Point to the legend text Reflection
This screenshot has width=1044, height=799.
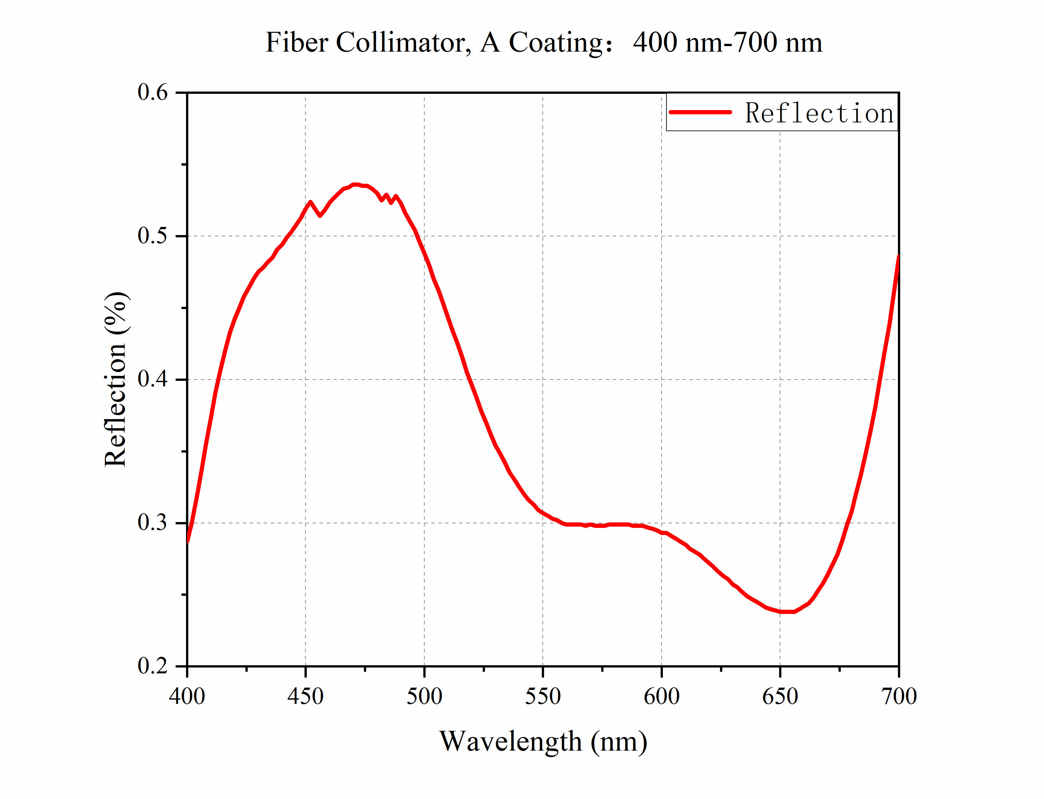[x=819, y=113]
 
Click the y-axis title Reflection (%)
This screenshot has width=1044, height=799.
[x=116, y=379]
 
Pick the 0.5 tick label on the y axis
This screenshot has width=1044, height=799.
[x=153, y=236]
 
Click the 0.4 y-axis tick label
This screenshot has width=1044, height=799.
[x=153, y=380]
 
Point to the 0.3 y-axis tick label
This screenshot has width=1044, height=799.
[x=153, y=523]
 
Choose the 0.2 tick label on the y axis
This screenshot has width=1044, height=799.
[x=153, y=666]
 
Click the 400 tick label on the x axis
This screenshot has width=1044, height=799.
[x=187, y=696]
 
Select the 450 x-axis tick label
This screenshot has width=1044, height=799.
[x=305, y=696]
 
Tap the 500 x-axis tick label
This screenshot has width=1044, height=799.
[x=424, y=696]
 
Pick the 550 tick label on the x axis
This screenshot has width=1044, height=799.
[x=542, y=696]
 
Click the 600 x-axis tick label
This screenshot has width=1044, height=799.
[x=661, y=696]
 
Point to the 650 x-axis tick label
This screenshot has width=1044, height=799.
[x=780, y=696]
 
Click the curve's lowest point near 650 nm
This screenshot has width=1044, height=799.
[x=787, y=612]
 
